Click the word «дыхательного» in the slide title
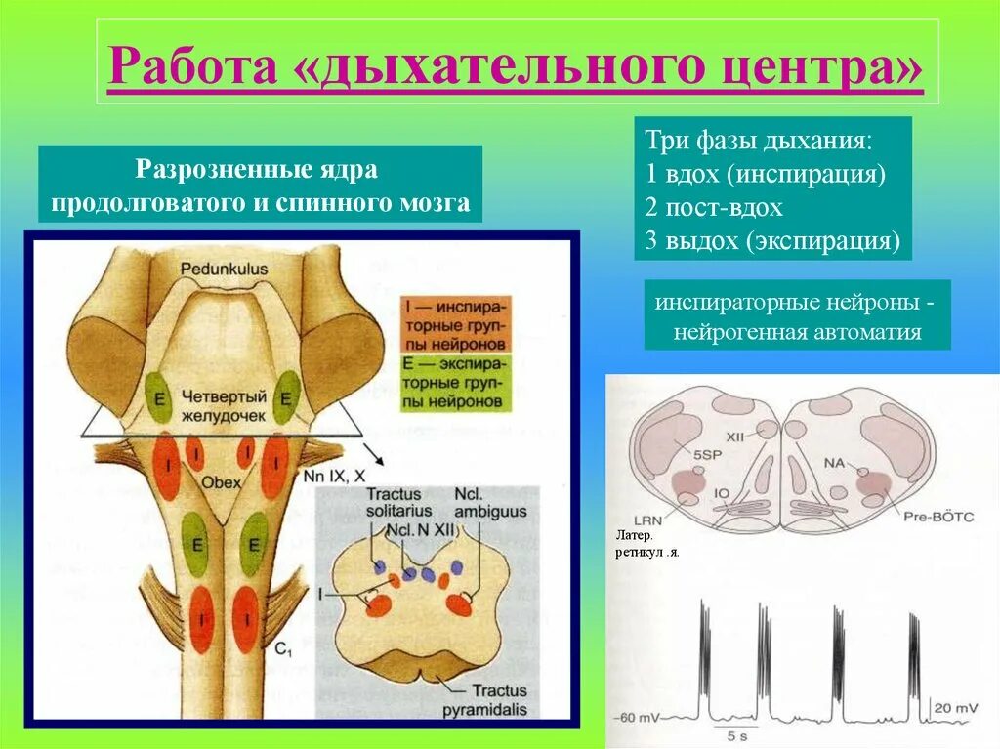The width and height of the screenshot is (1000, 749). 515,68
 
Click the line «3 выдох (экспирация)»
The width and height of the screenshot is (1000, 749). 771,241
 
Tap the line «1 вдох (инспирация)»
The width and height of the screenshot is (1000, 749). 765,175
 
